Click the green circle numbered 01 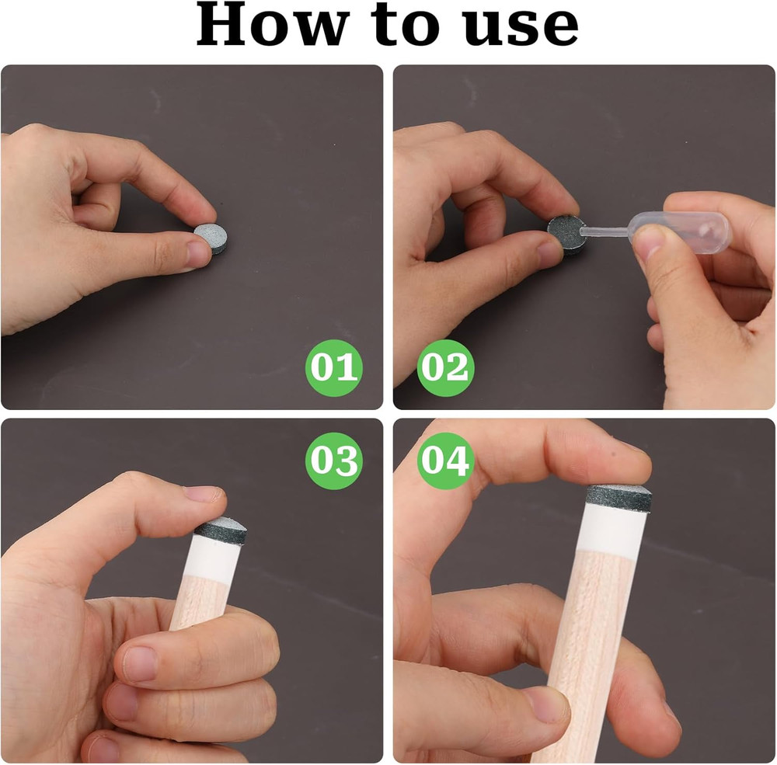coord(334,367)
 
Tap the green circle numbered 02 coord(445,367)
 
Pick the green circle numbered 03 coord(334,461)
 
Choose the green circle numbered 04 coord(445,461)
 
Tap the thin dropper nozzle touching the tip coord(605,231)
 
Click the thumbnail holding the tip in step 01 coord(197,253)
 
